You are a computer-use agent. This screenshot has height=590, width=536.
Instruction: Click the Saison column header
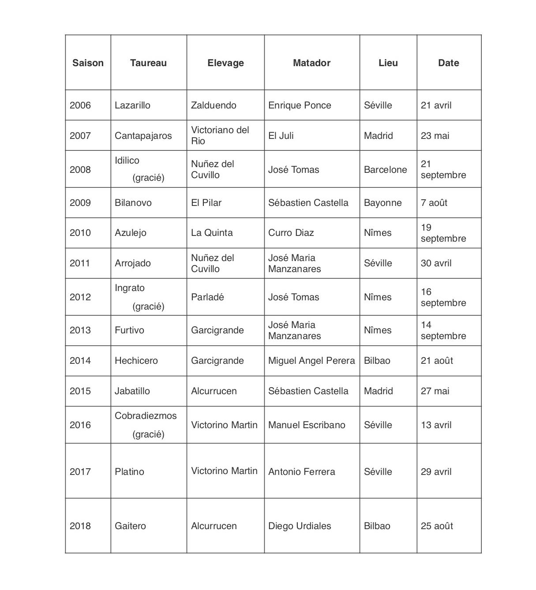click(x=88, y=63)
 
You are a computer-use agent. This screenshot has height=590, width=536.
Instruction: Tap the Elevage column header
click(x=225, y=63)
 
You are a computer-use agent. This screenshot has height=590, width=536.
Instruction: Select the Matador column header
click(x=311, y=63)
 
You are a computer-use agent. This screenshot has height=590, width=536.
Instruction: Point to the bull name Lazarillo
click(x=132, y=105)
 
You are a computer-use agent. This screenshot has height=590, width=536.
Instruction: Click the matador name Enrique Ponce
click(x=300, y=105)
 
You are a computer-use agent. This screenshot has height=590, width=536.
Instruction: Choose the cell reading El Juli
click(x=281, y=136)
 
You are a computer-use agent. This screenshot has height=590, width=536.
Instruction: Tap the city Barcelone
click(x=385, y=170)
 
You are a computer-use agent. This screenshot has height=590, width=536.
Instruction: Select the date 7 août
click(x=434, y=203)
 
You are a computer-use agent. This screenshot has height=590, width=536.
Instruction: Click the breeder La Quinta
click(x=212, y=233)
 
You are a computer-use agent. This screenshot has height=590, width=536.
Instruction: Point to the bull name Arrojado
click(x=133, y=263)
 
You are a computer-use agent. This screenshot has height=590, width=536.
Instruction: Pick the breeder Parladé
click(x=207, y=297)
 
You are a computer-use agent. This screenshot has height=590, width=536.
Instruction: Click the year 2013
click(x=80, y=330)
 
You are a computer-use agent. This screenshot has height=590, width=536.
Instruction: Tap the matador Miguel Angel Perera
click(x=311, y=361)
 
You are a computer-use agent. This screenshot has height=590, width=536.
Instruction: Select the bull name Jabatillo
click(x=132, y=391)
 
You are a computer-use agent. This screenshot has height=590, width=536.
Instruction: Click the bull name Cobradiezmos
click(x=146, y=416)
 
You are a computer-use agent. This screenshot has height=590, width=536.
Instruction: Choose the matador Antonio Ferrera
click(x=302, y=472)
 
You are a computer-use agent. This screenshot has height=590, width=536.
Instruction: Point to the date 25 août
click(x=437, y=526)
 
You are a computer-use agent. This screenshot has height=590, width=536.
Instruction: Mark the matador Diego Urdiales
click(x=300, y=526)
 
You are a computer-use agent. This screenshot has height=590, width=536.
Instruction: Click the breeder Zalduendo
click(x=214, y=105)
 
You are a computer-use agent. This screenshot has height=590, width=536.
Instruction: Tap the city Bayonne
click(x=383, y=203)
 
